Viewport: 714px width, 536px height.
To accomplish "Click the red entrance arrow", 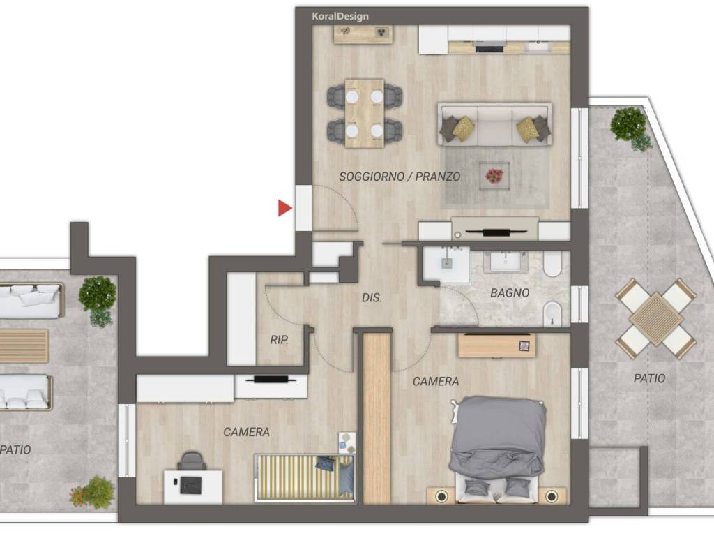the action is [284, 208].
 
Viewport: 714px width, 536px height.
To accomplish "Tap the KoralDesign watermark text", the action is [340, 17].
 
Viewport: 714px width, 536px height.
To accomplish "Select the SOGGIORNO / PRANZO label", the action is [400, 177].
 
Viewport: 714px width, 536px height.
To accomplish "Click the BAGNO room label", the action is [510, 293].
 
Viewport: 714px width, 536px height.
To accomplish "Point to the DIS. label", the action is [372, 297].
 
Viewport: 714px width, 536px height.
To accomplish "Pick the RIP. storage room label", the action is [279, 340].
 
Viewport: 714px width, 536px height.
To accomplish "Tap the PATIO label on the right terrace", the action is [649, 378].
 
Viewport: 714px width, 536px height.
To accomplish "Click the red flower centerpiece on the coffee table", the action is [494, 175].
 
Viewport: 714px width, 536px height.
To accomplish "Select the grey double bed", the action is [498, 449].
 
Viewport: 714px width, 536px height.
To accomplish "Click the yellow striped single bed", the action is [304, 477].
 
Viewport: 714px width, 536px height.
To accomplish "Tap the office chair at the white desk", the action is [192, 461].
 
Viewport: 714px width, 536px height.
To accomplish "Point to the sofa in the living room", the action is [495, 124].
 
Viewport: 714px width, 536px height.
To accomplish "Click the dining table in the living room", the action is [364, 114].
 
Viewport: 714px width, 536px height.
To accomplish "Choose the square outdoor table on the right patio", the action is [655, 318].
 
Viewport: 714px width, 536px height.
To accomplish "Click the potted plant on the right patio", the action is [630, 127].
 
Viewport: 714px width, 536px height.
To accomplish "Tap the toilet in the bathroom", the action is [553, 265].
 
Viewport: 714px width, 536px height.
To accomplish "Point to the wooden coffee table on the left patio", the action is [24, 346].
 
